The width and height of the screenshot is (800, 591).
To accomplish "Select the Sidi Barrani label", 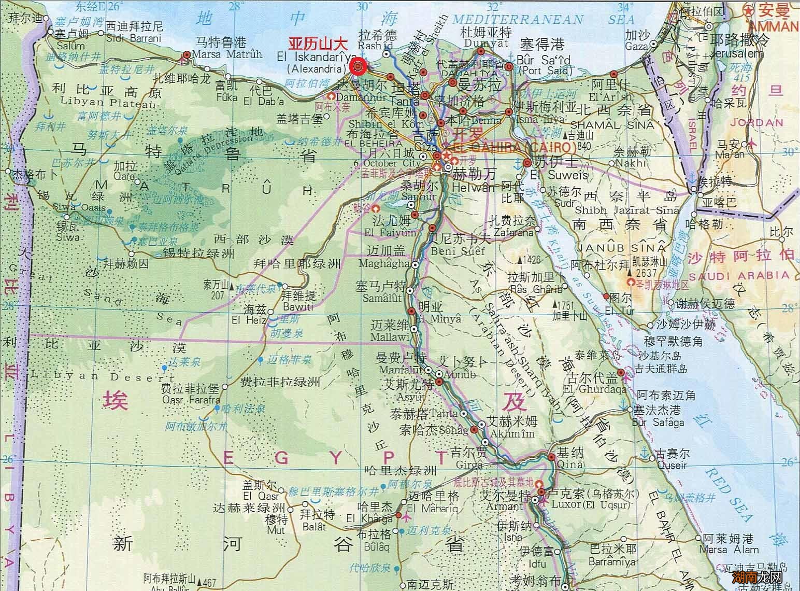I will pos(133,37).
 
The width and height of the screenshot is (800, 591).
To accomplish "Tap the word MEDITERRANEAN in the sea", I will pos(518,20).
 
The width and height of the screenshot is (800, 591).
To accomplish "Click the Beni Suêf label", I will pos(456,251).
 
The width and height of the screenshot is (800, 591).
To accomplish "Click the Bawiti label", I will pos(297,307).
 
